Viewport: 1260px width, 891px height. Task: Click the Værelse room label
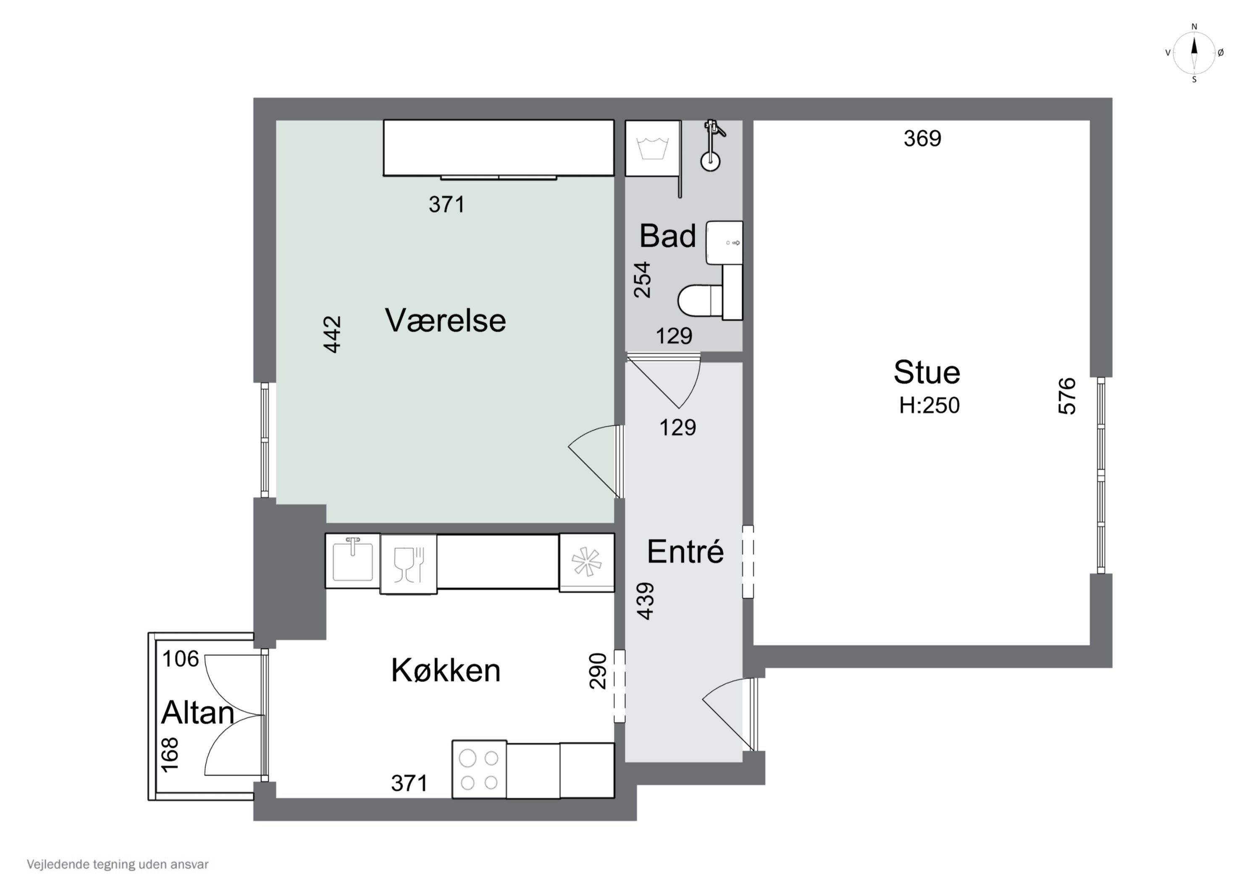[445, 321]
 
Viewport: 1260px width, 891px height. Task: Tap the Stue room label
[927, 373]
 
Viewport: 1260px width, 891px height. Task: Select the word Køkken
[445, 670]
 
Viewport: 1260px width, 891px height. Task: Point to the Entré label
[685, 551]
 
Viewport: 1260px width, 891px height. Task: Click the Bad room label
[667, 236]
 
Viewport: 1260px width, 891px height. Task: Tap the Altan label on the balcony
[197, 713]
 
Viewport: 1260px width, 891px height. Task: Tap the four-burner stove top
[479, 770]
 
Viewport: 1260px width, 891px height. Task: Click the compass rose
[1194, 53]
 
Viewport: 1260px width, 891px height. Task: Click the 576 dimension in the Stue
[1067, 396]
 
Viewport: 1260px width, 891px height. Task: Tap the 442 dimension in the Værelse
[333, 334]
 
